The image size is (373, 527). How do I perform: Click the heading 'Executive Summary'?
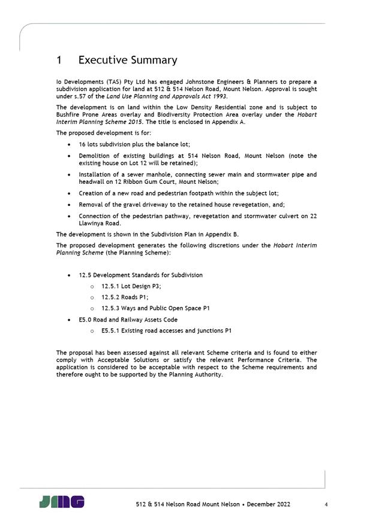click(128, 60)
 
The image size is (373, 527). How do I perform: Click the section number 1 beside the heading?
click(59, 60)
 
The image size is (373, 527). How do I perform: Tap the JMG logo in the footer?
click(62, 502)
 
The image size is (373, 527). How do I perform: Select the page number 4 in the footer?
click(326, 505)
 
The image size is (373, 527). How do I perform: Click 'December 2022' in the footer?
click(267, 505)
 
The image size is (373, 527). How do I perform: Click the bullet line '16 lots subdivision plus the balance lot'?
click(134, 145)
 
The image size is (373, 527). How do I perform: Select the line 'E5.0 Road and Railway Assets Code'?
click(128, 319)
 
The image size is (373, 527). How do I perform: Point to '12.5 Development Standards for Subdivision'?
click(140, 275)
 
